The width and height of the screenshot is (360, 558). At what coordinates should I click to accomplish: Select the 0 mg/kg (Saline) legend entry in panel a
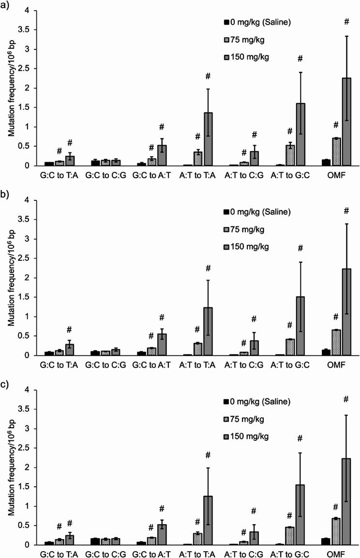[x=257, y=22]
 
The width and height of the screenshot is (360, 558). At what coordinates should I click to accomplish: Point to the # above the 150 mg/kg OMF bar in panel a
[x=346, y=22]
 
